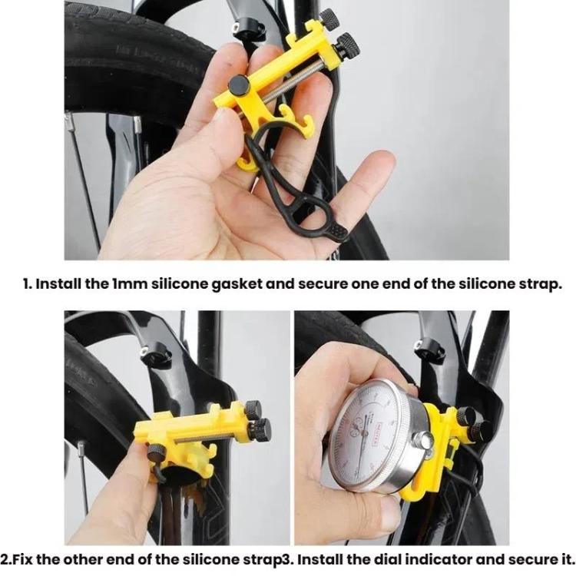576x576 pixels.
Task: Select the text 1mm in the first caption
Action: pos(125,283)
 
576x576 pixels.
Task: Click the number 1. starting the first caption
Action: pos(28,283)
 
